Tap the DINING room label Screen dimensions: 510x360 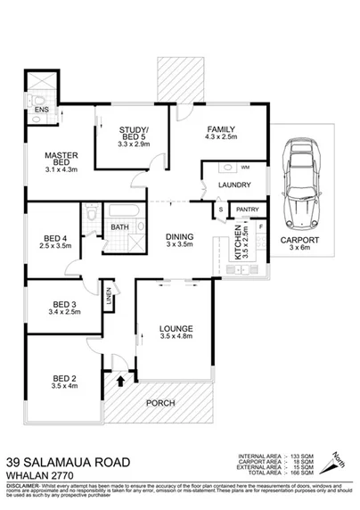[178, 234]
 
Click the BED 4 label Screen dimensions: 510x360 [55, 238]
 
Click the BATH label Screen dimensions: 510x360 [119, 227]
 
